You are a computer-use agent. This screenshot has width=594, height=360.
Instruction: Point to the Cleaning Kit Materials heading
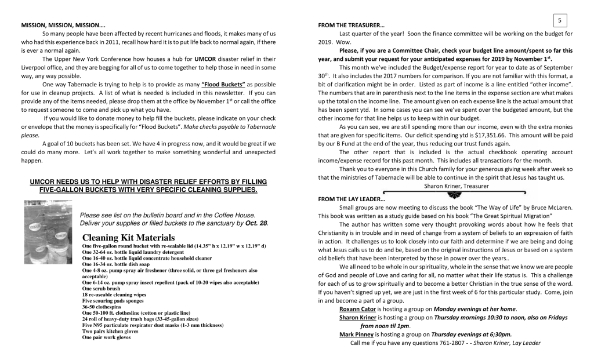(128, 238)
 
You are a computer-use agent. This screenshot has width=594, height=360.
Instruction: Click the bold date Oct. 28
(256, 223)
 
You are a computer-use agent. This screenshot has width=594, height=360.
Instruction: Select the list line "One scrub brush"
(102, 289)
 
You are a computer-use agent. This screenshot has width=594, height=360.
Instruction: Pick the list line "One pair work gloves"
(107, 337)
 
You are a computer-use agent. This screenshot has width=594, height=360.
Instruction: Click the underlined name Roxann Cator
(357, 309)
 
